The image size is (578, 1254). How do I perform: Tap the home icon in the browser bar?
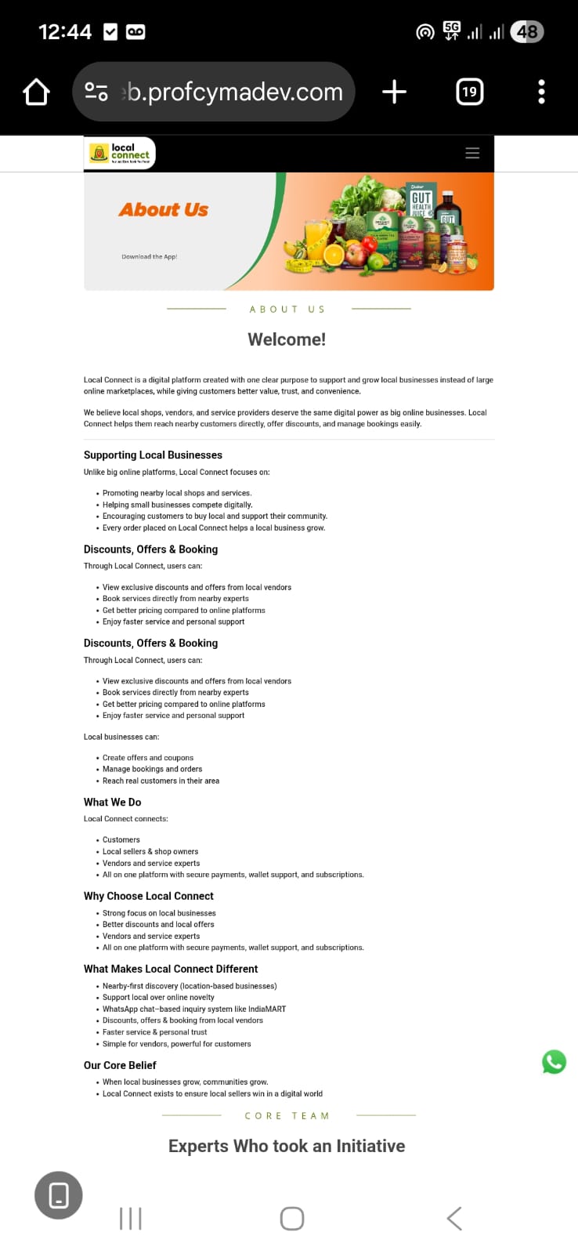(x=36, y=92)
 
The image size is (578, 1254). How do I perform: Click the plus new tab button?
(x=394, y=92)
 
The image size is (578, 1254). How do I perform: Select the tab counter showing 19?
(x=469, y=92)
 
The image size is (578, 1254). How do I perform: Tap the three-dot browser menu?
(x=541, y=92)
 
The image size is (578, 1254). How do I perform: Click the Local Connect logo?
(x=120, y=153)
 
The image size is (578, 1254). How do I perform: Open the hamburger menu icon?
(x=472, y=154)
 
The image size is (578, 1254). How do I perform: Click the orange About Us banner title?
(x=164, y=210)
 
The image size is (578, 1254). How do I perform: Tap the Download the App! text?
(x=149, y=256)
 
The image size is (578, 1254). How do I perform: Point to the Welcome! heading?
(x=287, y=339)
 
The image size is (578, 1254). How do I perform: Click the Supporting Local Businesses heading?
(x=153, y=455)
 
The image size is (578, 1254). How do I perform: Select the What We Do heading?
(x=113, y=802)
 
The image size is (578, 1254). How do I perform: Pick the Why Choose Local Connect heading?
(x=149, y=896)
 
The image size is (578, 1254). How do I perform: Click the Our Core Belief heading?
(x=120, y=1065)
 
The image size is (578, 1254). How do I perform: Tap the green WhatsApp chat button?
(x=554, y=1062)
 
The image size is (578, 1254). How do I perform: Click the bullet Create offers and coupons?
(x=148, y=758)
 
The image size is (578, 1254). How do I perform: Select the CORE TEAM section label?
(x=287, y=1115)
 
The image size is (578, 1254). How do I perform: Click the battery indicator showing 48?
(x=526, y=32)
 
